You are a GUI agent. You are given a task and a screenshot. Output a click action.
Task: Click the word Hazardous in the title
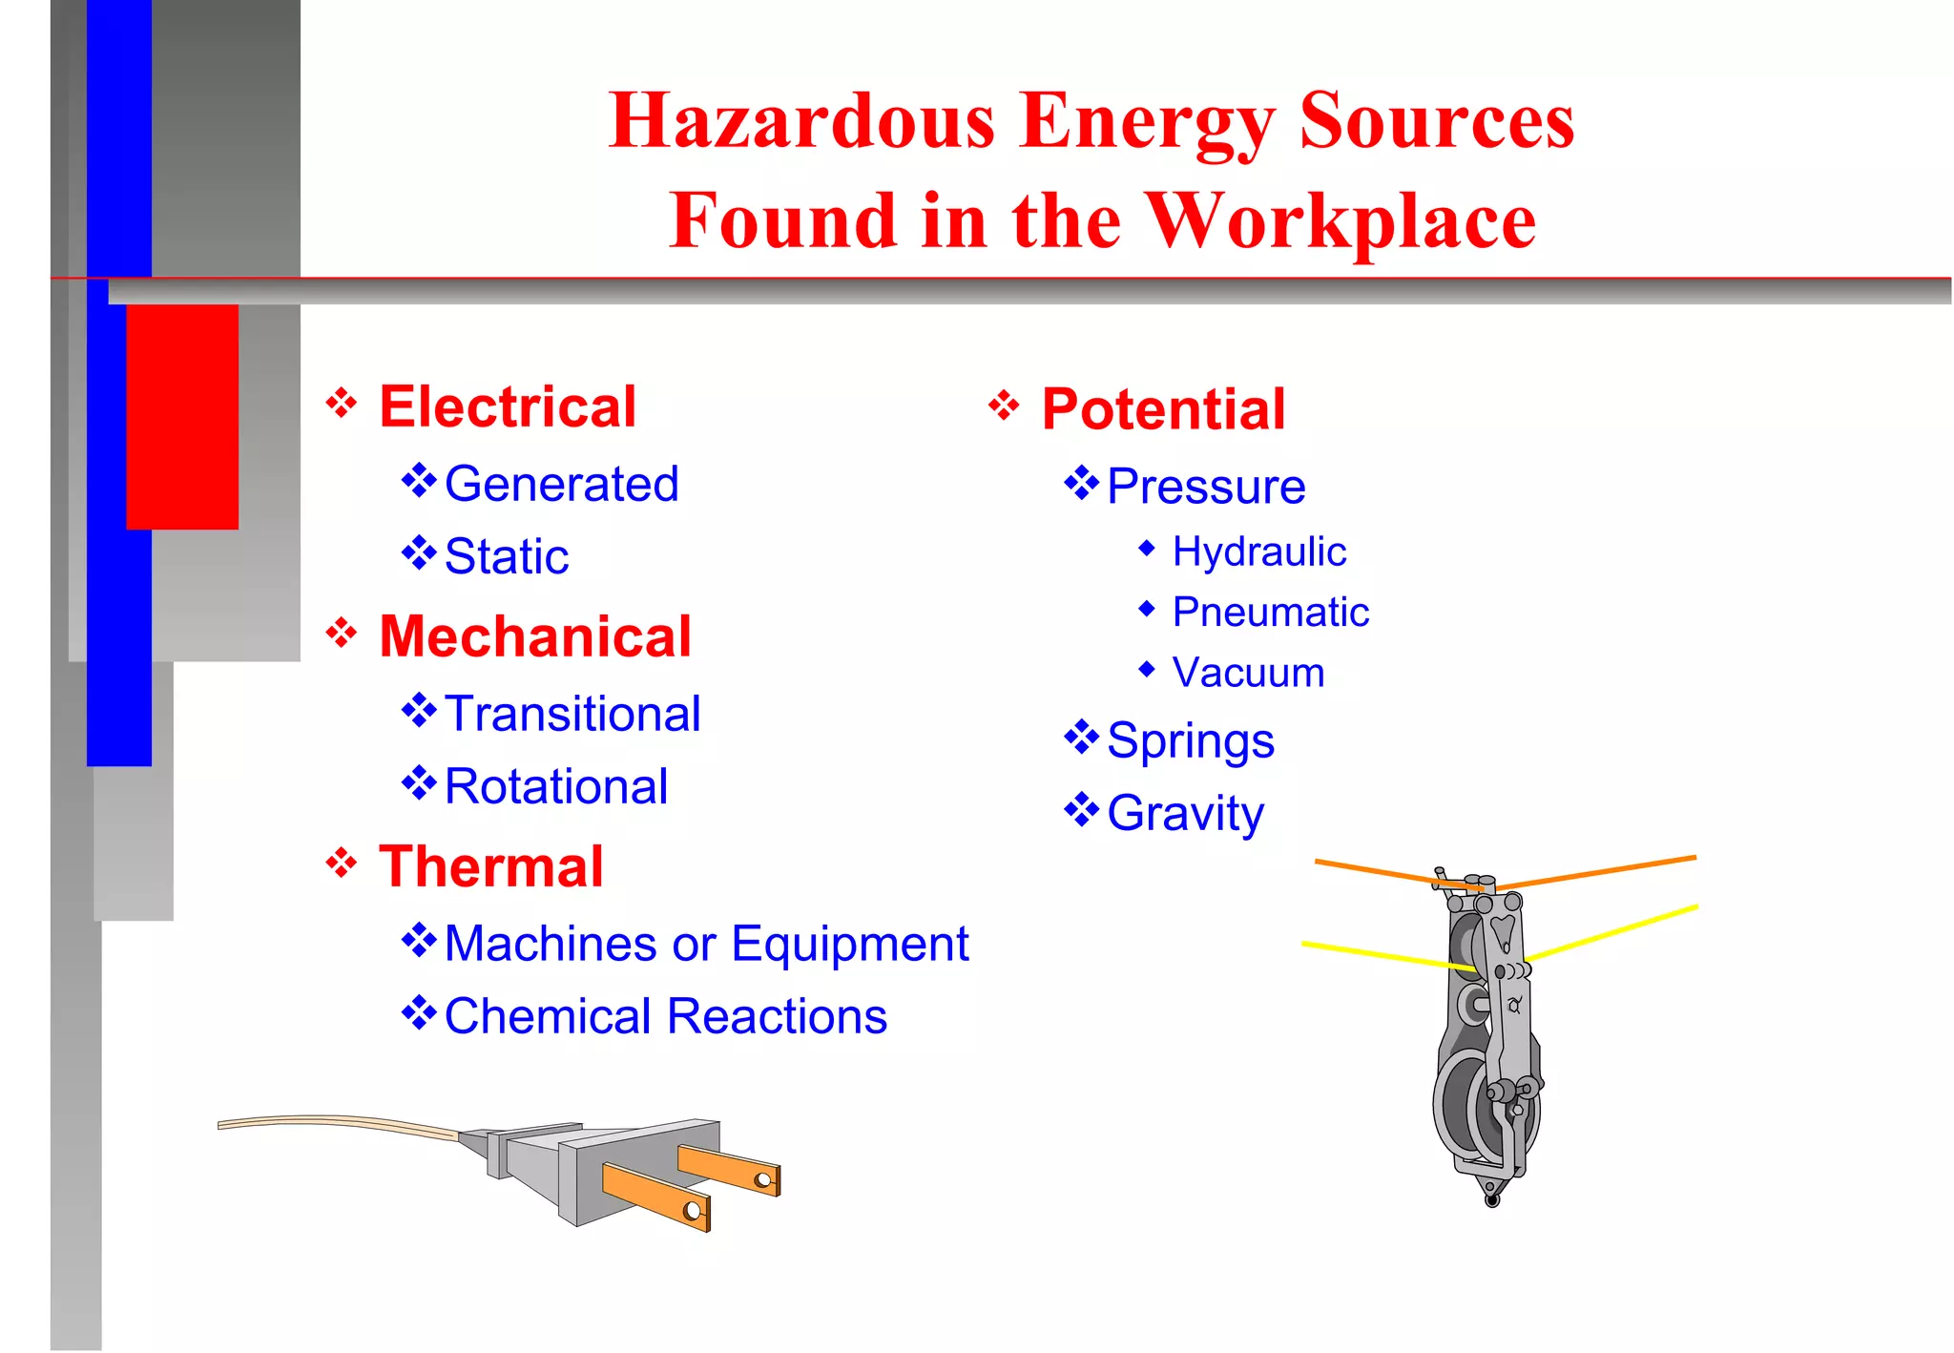801,121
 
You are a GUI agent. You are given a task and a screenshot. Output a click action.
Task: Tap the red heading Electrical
508,406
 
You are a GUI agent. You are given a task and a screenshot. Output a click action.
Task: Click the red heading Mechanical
535,636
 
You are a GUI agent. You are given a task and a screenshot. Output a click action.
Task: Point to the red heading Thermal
491,866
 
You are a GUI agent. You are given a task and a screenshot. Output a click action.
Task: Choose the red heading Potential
1163,409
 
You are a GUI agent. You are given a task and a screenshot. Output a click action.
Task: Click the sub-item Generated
561,484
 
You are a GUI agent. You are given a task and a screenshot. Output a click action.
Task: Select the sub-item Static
507,556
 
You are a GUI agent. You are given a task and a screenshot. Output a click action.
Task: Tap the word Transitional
572,714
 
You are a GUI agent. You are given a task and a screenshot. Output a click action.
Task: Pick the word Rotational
556,786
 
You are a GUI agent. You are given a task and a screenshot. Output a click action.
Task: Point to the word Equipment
850,944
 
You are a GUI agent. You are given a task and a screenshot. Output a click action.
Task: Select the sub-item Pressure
1206,487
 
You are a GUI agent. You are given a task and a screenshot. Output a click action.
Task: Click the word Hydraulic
1258,552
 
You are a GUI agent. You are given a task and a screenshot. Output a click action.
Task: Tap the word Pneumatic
1270,612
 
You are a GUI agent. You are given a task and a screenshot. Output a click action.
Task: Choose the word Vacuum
1248,673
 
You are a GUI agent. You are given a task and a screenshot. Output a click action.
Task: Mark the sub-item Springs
1190,740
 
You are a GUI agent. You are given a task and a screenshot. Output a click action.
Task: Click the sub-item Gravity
1185,813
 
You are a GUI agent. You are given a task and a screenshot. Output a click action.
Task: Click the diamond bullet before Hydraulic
1147,548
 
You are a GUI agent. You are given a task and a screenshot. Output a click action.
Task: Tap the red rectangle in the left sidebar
182,416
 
